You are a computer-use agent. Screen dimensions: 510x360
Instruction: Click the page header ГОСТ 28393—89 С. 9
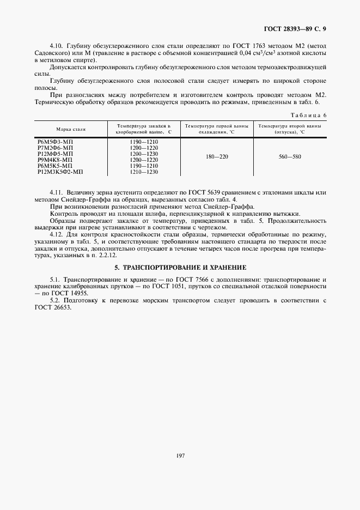coord(302,28)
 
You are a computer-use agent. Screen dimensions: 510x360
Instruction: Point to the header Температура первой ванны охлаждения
coord(216,129)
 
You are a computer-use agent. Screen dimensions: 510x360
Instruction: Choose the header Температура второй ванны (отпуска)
coord(290,129)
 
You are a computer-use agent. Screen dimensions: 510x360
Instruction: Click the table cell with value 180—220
coord(217,156)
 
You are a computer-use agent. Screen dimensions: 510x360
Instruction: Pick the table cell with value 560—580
coord(289,156)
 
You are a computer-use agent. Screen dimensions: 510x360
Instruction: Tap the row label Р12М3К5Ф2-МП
coord(60,172)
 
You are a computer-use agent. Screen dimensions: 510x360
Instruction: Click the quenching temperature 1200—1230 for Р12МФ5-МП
coord(143,154)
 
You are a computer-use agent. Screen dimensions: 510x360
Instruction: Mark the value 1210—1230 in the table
coord(143,172)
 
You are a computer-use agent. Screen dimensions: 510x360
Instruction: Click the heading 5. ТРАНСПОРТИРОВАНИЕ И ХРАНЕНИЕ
coord(180,268)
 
